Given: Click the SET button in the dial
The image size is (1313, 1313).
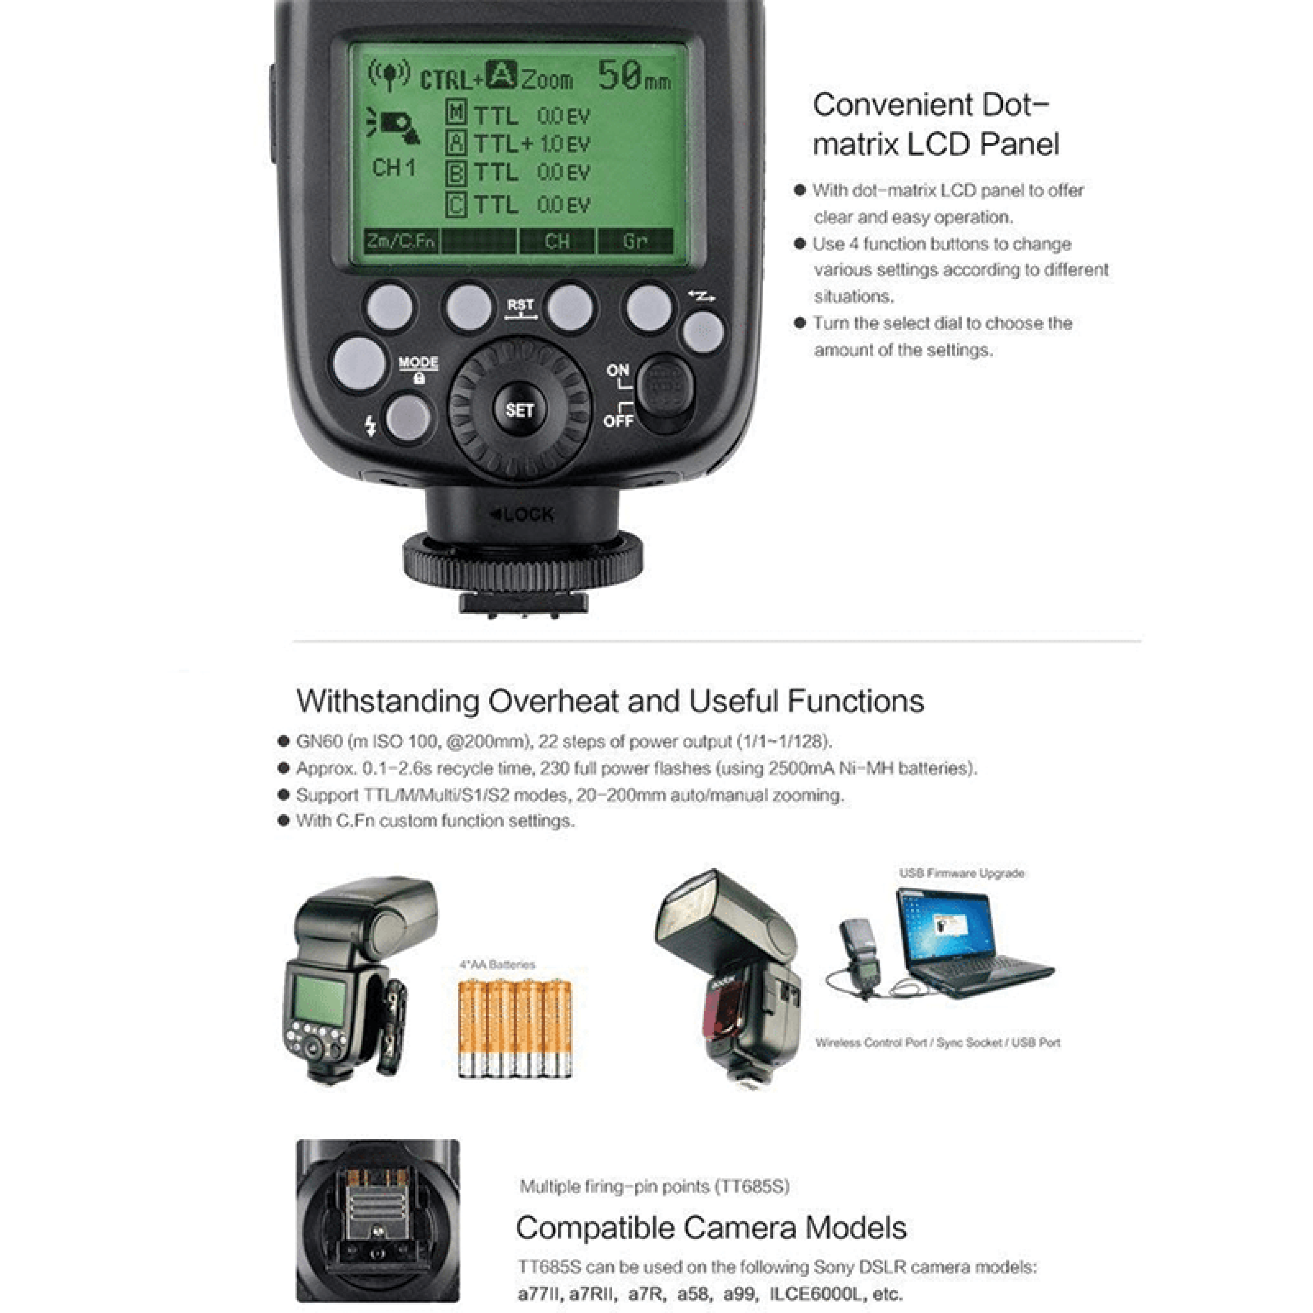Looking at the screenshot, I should [x=519, y=410].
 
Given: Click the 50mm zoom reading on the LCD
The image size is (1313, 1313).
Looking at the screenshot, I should [x=634, y=76].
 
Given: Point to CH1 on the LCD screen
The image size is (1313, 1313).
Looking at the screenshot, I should [x=393, y=167].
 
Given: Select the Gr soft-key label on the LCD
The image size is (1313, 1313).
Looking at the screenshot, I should [x=635, y=241].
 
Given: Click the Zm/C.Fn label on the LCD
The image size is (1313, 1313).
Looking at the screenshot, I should [x=400, y=241].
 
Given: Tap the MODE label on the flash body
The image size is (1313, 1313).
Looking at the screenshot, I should [x=418, y=362].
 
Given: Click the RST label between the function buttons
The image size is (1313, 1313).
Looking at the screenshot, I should [x=520, y=305].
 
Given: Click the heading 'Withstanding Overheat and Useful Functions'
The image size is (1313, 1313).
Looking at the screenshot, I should [x=609, y=701].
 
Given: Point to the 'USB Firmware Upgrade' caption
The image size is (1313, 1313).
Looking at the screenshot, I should [x=961, y=873].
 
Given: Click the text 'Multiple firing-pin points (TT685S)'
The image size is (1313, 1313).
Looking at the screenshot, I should [x=654, y=1187].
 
